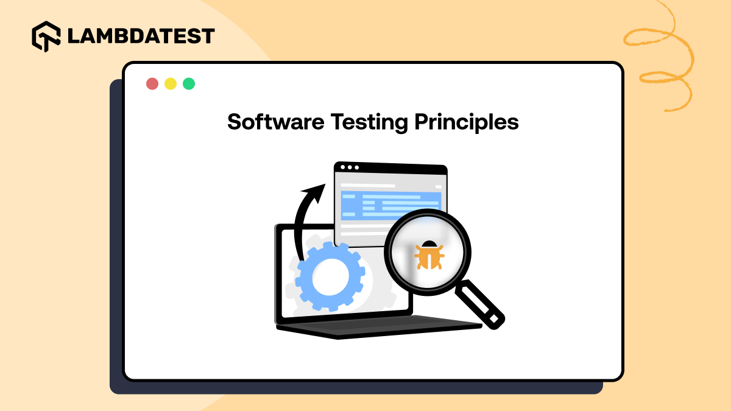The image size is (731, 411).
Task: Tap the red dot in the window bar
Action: (152, 84)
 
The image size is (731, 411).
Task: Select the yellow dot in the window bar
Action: (171, 84)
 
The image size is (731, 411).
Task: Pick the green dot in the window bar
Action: (189, 84)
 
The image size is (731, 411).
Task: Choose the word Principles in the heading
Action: (467, 122)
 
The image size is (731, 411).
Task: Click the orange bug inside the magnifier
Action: (428, 255)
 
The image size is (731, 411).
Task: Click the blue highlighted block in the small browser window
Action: (390, 205)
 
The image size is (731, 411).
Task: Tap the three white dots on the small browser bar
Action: (350, 167)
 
